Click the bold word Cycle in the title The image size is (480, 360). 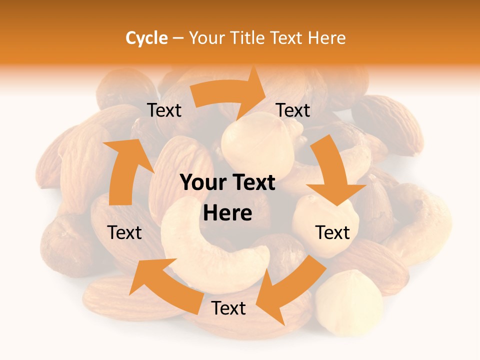tap(146, 38)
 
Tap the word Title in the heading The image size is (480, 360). tap(247, 38)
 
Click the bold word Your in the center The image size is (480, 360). tap(201, 183)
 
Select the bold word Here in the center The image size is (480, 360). tap(227, 213)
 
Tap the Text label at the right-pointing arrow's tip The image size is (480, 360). tap(293, 110)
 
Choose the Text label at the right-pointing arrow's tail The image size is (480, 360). tap(164, 110)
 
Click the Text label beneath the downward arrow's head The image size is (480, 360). tap(332, 232)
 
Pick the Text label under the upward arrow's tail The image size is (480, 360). tap(124, 232)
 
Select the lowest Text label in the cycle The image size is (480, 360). tap(228, 308)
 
